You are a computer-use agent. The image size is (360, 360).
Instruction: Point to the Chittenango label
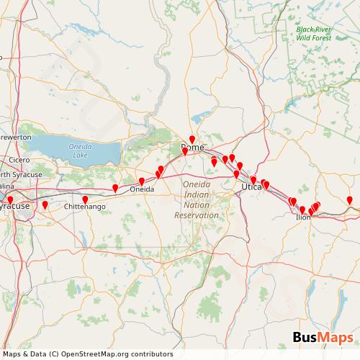coord(86,207)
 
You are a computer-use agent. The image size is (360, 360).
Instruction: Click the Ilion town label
coord(303,215)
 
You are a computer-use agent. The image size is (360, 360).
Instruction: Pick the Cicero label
coord(19,160)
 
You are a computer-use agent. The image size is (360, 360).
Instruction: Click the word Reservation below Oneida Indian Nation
coord(196,215)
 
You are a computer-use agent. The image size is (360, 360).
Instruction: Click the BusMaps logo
coord(323,337)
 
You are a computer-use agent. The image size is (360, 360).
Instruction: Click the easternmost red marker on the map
coord(350,200)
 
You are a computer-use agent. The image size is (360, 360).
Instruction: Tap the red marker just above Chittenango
coord(85,199)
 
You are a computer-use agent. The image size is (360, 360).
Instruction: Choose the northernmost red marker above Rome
coord(192,139)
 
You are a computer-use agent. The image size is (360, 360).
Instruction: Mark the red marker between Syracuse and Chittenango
coord(45,205)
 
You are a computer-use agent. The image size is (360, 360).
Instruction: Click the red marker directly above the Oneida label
coord(141,181)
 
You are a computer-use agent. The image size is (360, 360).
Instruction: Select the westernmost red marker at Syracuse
coord(10,200)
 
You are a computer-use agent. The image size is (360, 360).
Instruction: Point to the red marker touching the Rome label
coord(185,151)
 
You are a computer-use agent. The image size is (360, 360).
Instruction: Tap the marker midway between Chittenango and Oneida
coord(115,188)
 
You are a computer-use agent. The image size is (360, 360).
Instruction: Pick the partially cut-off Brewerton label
coord(14,136)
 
